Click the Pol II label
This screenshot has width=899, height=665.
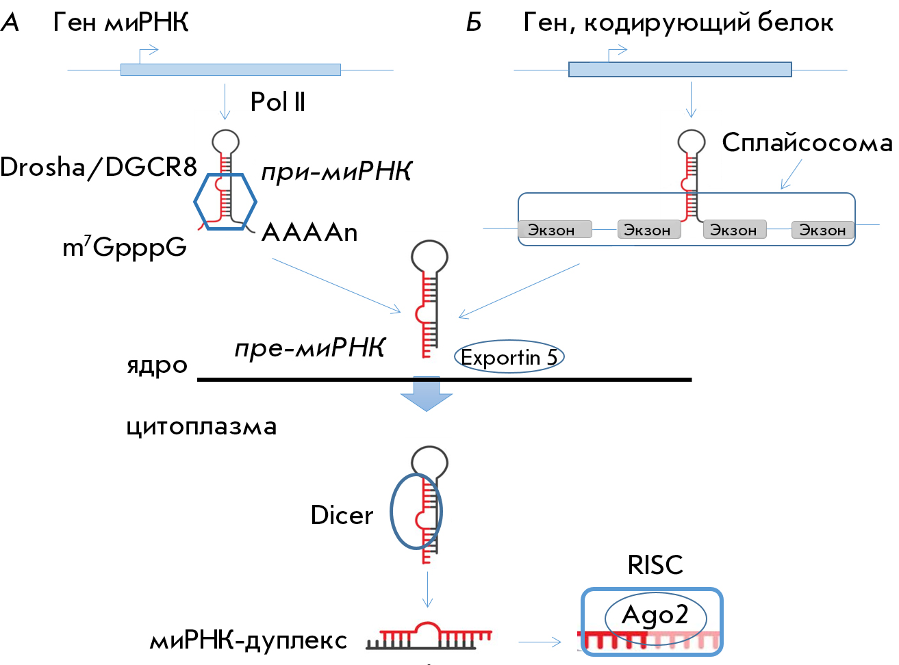[278, 101]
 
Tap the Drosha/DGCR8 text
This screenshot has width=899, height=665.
[99, 167]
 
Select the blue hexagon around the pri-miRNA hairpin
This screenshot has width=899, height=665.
[195, 201]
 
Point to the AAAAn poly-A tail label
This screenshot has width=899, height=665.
[309, 233]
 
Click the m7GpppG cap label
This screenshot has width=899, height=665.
[125, 247]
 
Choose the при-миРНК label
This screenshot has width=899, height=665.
[337, 171]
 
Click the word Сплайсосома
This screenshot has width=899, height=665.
[807, 144]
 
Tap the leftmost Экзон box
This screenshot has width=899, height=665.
[555, 230]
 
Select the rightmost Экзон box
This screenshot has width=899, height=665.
[823, 230]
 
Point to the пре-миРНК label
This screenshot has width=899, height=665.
[310, 348]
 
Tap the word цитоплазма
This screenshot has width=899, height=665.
[202, 426]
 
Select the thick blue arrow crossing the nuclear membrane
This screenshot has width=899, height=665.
[427, 393]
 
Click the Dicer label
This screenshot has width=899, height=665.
[342, 515]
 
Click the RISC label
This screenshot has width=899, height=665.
[655, 565]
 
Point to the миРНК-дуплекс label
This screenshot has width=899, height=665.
[249, 641]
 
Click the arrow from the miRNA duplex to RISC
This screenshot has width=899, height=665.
[540, 642]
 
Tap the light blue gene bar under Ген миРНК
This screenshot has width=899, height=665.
[231, 70]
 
